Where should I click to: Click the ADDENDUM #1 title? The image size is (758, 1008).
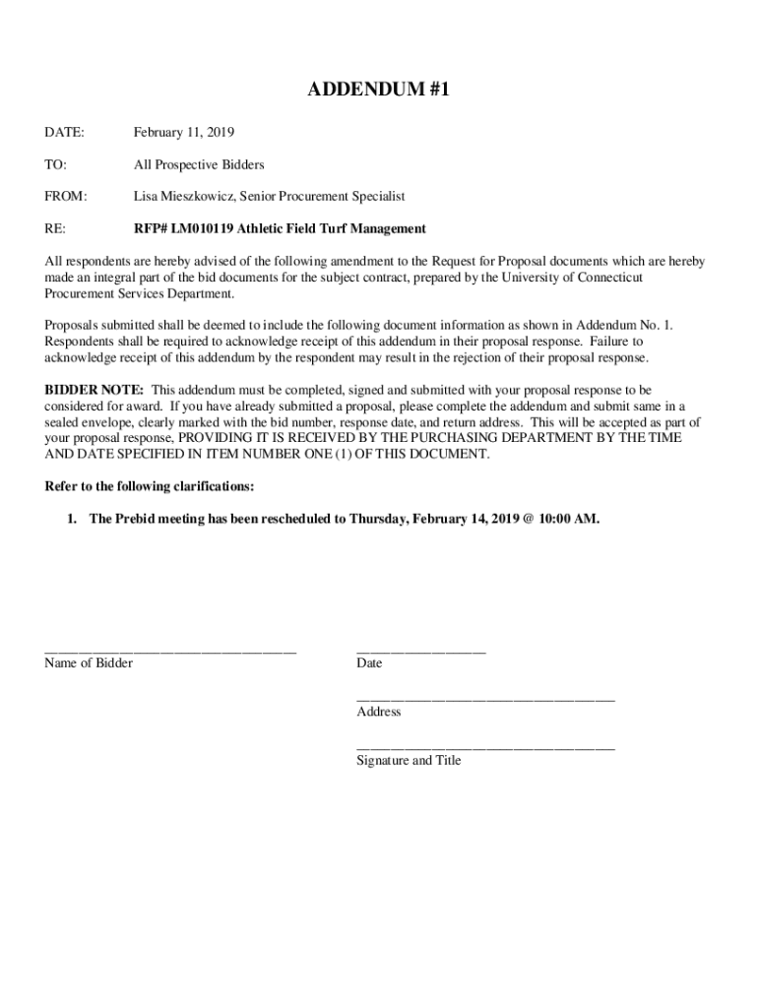pos(379,91)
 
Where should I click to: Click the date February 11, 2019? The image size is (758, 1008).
pos(184,132)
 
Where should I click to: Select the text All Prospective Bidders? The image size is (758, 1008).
pos(199,164)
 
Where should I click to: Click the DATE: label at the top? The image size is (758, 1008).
pos(64,132)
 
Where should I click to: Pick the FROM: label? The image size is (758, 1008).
pos(66,197)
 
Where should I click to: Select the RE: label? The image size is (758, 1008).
pos(55,228)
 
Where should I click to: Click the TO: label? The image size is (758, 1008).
pos(56,164)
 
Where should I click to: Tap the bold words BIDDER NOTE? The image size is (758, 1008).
pos(95,391)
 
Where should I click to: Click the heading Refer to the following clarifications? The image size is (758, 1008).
pos(151,486)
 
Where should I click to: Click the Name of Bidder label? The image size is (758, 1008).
pos(89,663)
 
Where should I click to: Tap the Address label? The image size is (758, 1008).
pos(379,712)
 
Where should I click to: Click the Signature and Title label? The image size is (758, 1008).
pos(409,760)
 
